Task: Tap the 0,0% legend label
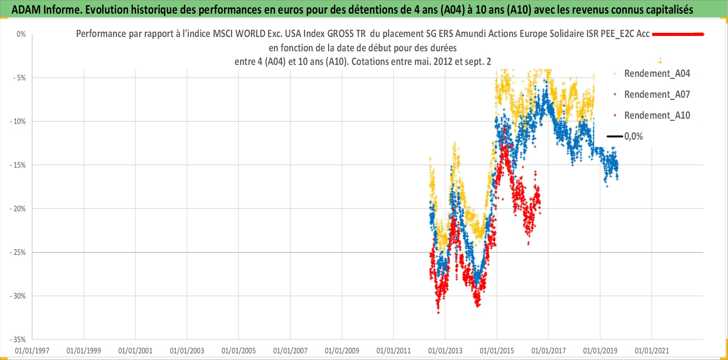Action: pyautogui.click(x=633, y=137)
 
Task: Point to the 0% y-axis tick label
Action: pyautogui.click(x=21, y=34)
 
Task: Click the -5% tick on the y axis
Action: pyautogui.click(x=20, y=78)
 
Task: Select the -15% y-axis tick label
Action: pyautogui.click(x=18, y=165)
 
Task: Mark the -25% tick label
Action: pyautogui.click(x=18, y=252)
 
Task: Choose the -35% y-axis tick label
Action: pyautogui.click(x=18, y=340)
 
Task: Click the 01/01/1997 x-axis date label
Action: pyautogui.click(x=32, y=351)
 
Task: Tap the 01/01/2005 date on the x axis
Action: pyautogui.click(x=239, y=351)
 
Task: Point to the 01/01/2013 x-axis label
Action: pyautogui.click(x=445, y=351)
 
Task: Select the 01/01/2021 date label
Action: pyautogui.click(x=652, y=351)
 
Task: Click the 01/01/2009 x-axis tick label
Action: pyautogui.click(x=342, y=351)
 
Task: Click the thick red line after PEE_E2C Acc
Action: pyautogui.click(x=678, y=34)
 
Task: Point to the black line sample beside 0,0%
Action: pyautogui.click(x=615, y=137)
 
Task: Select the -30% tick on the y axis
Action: pyautogui.click(x=18, y=296)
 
